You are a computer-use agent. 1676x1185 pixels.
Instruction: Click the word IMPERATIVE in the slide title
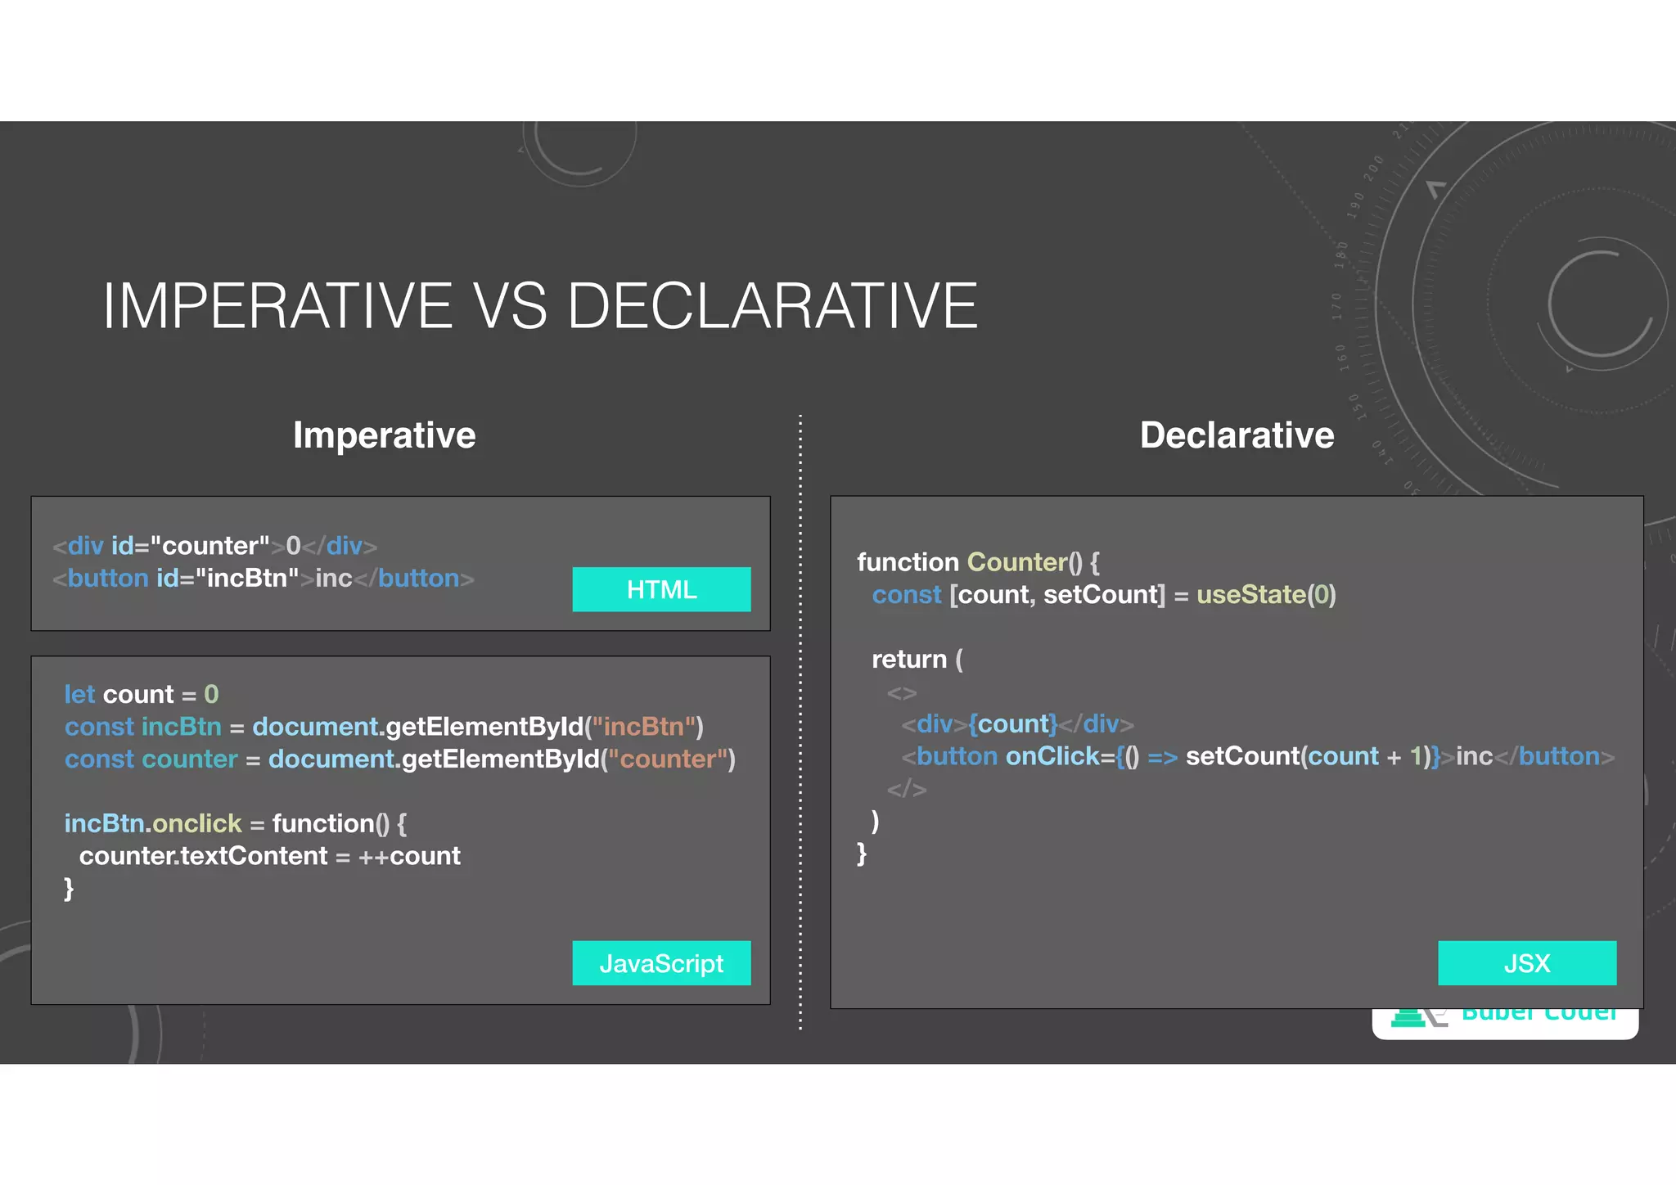point(277,306)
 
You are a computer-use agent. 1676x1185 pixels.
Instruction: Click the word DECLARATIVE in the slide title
point(772,306)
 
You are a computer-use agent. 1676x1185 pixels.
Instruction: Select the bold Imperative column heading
point(384,435)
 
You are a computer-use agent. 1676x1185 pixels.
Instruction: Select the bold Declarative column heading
point(1237,435)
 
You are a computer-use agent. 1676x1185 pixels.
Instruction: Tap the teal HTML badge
point(661,589)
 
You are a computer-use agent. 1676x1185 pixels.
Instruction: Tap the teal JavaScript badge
point(661,963)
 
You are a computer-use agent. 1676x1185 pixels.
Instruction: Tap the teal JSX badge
point(1527,963)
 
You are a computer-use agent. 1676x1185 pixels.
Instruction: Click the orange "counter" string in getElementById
point(669,759)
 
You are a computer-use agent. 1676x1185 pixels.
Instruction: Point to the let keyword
point(79,695)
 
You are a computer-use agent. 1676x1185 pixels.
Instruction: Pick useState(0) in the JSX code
point(1266,595)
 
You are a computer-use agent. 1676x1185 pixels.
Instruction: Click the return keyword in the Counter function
point(908,660)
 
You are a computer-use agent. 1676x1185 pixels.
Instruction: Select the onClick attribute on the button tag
point(1052,757)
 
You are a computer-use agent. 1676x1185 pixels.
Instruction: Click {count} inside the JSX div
point(1013,724)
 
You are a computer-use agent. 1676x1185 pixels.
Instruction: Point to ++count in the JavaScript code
point(409,856)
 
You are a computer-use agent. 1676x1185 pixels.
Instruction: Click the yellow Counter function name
point(1017,562)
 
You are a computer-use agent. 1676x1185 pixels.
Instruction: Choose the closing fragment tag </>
point(907,790)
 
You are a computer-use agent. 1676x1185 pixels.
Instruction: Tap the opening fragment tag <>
point(901,693)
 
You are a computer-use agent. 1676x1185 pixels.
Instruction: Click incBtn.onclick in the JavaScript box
point(153,823)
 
